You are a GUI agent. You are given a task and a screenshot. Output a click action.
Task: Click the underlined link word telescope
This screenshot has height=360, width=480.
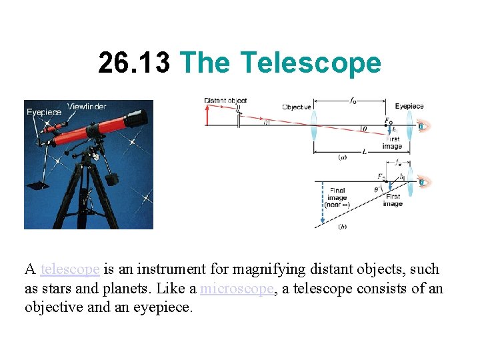70,269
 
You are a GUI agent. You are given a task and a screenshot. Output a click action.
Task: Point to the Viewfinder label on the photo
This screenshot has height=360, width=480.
87,107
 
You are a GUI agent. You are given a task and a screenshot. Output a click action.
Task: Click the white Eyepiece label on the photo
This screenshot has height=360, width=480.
44,112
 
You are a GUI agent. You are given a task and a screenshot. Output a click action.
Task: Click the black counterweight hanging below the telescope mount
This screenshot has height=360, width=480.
111,178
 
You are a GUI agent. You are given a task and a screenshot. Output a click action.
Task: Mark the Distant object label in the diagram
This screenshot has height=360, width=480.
225,101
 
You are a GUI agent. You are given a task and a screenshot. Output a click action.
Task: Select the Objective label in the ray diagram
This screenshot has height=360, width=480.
297,107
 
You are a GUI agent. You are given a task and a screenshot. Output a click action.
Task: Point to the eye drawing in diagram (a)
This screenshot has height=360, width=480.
421,125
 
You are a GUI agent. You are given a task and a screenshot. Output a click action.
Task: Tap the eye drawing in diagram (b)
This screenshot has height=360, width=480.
421,182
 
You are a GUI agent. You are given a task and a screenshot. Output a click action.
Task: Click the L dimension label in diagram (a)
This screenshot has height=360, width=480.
364,151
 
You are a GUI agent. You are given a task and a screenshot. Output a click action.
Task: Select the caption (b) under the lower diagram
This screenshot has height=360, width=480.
343,227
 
